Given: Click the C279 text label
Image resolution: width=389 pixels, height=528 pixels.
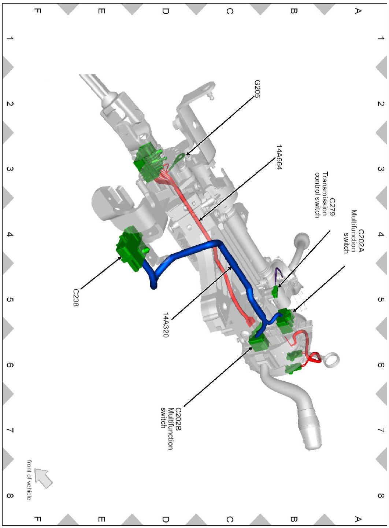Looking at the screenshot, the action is click(x=332, y=207).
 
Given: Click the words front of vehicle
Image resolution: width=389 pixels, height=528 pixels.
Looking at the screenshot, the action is click(x=29, y=480).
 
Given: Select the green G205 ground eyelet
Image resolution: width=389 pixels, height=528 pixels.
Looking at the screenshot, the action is click(x=180, y=159).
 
